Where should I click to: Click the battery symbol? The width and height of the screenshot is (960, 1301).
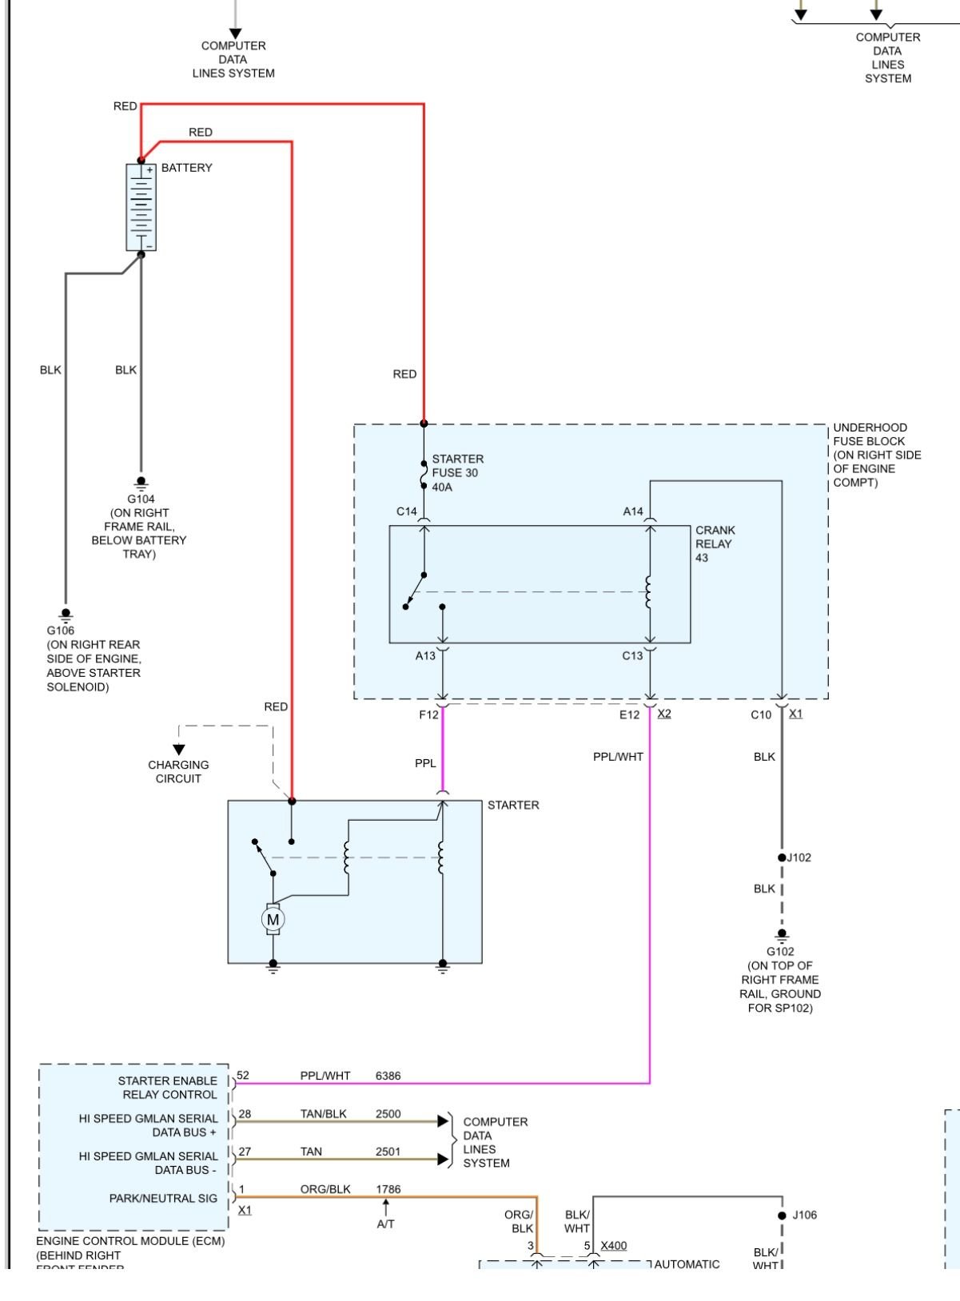[x=141, y=207]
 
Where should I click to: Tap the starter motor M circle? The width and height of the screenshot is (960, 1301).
[x=273, y=920]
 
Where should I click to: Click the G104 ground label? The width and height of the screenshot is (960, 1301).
[x=141, y=499]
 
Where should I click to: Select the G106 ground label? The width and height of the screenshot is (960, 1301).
[x=60, y=631]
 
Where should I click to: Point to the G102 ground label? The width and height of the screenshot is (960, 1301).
[x=780, y=952]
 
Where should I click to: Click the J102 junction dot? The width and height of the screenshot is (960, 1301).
[x=782, y=857]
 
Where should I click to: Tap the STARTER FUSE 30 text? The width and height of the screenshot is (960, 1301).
[x=457, y=466]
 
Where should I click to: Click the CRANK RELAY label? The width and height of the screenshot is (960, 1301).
[x=715, y=537]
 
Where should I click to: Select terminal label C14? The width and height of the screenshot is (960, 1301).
[x=407, y=511]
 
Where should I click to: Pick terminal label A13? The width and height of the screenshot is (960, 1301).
[x=425, y=655]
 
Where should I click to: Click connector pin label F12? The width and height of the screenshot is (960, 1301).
[x=428, y=714]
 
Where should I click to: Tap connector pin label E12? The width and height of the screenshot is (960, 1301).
[x=629, y=714]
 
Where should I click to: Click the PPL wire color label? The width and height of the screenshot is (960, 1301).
[x=425, y=763]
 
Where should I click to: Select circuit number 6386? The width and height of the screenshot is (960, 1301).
[x=388, y=1076]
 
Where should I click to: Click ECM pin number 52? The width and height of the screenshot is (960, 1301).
[x=243, y=1076]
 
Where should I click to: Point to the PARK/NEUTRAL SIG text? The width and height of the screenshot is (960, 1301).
[x=163, y=1198]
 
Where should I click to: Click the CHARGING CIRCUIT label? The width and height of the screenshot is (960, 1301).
[x=178, y=771]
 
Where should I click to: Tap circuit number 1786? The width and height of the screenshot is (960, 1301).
[x=388, y=1189]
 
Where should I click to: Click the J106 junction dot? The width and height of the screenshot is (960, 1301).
[x=782, y=1215]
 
